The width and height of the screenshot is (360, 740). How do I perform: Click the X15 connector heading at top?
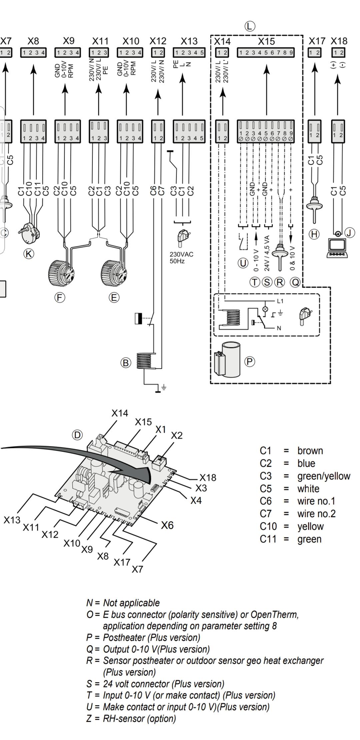[266, 41]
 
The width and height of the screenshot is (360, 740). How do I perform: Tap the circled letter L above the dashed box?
[250, 26]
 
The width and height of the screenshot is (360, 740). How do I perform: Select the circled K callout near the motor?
[29, 254]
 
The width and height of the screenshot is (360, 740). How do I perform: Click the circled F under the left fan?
[60, 297]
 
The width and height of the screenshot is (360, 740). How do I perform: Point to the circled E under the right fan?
[114, 297]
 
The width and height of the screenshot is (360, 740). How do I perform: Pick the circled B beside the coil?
[126, 363]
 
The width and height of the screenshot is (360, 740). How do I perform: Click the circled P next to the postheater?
[250, 361]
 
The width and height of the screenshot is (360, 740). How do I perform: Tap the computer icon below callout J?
[337, 249]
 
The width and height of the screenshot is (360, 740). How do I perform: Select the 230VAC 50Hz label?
[181, 258]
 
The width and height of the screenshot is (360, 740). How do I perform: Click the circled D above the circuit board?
[77, 435]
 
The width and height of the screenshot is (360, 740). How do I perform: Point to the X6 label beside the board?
[167, 525]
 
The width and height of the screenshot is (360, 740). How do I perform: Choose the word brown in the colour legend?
[310, 451]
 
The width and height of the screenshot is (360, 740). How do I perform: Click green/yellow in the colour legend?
[324, 476]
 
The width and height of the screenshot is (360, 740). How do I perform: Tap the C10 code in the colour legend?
[268, 526]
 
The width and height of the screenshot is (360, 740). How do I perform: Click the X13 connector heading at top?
[189, 41]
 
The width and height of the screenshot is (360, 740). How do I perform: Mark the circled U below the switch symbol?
[243, 263]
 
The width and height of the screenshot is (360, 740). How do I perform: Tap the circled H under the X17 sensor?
[314, 234]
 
